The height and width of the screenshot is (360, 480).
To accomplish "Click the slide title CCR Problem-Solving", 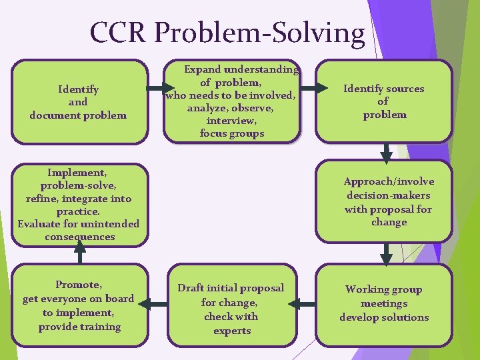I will tap(227, 33).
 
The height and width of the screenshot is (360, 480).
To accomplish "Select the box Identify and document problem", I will tap(79, 102).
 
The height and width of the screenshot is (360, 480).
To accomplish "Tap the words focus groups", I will tap(231, 133).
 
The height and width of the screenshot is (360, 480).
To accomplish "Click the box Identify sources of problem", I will tap(384, 102).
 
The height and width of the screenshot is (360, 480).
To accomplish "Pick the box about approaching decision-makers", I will tap(384, 202).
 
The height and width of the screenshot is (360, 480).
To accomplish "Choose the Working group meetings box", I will tap(384, 304).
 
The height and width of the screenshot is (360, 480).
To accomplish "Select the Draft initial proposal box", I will tap(231, 305).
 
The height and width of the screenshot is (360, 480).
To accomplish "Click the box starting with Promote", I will tap(79, 305).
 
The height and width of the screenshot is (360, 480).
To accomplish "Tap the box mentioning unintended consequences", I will tap(79, 204).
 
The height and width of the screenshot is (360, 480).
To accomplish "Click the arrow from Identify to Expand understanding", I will tap(157, 88).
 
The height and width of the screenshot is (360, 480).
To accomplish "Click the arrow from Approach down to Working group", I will tap(386, 253).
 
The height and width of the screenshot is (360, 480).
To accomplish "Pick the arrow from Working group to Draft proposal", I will tap(306, 305).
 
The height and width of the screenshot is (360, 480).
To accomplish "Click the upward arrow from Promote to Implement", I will tap(80, 252).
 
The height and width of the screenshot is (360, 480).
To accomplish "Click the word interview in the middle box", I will tap(231, 121).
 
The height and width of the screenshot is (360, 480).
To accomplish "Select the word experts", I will tap(232, 331).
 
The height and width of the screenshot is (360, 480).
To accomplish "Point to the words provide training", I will tap(79, 327).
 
